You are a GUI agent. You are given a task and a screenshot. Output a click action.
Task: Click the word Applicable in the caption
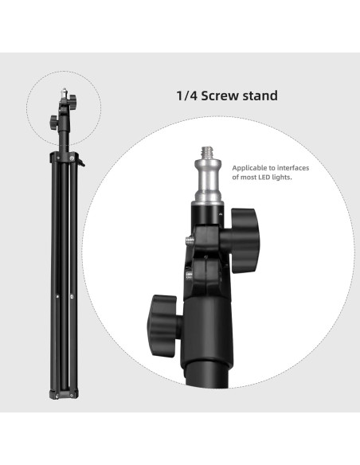[251, 168]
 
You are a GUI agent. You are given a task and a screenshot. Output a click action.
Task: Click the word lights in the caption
[284, 178]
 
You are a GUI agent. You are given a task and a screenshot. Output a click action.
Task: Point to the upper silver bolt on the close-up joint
[189, 238]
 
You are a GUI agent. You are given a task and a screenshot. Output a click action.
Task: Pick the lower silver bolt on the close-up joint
[188, 275]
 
